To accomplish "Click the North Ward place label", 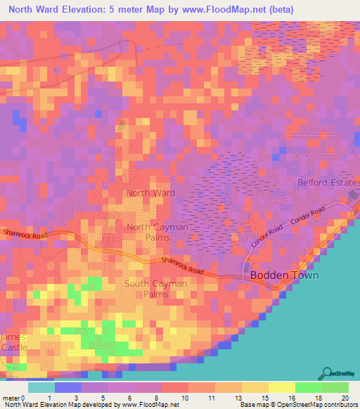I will [150, 192].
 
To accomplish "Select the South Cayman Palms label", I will [156, 288].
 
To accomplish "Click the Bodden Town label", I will [284, 275].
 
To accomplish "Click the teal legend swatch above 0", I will [41, 387].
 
